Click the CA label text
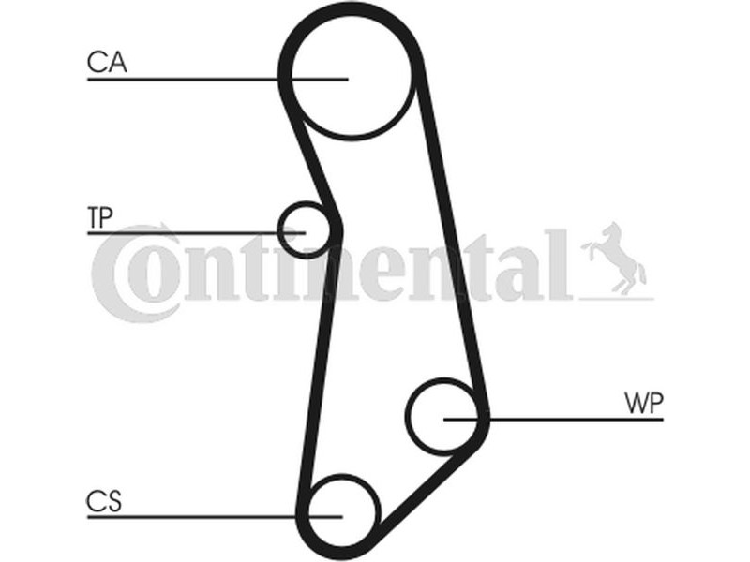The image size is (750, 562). pyautogui.click(x=107, y=62)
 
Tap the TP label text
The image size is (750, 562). pyautogui.click(x=100, y=217)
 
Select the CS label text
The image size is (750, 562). pyautogui.click(x=104, y=501)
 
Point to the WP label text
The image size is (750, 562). pyautogui.click(x=644, y=404)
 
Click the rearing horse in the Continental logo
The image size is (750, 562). pyautogui.click(x=614, y=259)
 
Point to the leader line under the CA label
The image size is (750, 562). pyautogui.click(x=217, y=79)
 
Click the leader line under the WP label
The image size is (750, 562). pyautogui.click(x=554, y=419)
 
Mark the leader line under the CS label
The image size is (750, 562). pyautogui.click(x=215, y=517)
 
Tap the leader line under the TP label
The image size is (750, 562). pyautogui.click(x=196, y=233)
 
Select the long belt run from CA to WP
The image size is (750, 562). pyautogui.click(x=452, y=239)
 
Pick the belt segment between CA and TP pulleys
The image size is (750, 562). pyautogui.click(x=310, y=156)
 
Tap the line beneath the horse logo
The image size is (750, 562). pyautogui.click(x=617, y=299)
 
